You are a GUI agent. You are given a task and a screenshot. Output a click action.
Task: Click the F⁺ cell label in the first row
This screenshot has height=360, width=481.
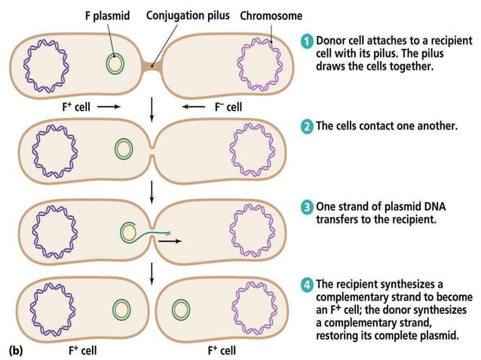coord(76,108)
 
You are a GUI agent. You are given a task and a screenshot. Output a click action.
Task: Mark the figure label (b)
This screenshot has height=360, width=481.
coord(15,350)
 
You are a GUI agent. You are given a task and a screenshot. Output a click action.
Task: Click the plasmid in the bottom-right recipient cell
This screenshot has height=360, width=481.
coord(181,310)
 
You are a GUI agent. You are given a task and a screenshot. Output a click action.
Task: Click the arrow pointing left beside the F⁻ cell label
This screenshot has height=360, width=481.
coord(194,108)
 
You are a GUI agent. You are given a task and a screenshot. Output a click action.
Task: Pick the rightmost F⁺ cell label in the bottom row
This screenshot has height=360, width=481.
coord(221,350)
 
